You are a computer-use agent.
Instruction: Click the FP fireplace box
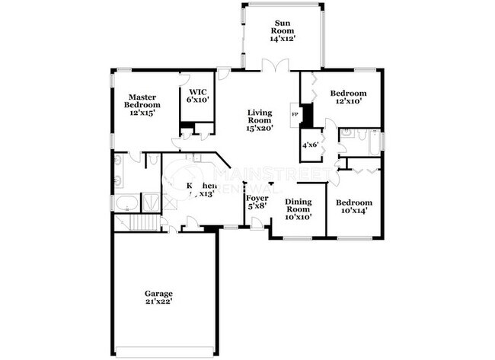coord(295,114)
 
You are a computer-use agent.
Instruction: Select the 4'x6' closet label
coord(310,145)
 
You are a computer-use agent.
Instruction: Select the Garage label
coord(159,293)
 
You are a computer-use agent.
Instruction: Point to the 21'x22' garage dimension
coord(159,301)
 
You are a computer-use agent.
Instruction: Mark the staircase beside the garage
coord(136,223)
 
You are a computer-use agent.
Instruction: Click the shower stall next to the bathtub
coord(152,202)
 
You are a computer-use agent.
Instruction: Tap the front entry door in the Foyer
coord(257,224)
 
